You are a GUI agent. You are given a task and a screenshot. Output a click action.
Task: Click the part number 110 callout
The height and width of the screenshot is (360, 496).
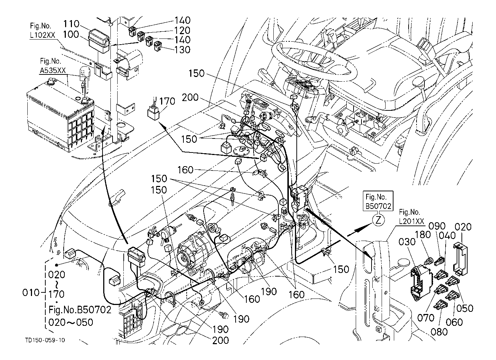pos(71,24)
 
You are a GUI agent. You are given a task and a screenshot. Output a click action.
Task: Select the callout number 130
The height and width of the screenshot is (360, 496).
pos(182,50)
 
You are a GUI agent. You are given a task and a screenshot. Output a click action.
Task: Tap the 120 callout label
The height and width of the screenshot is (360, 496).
pos(182,30)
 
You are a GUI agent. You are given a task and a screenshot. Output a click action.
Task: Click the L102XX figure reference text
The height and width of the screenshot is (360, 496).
pos(42,35)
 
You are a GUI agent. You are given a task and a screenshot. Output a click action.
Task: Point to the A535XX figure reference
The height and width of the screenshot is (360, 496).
pos(53,70)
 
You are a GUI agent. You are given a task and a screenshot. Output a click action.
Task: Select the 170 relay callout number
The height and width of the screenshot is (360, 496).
pos(167,101)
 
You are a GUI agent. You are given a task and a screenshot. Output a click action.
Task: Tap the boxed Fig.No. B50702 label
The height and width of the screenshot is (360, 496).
pos(378,201)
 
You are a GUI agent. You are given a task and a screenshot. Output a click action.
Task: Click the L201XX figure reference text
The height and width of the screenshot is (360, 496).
pos(411,222)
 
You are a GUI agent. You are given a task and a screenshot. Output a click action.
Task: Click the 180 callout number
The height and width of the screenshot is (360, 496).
pos(423,235)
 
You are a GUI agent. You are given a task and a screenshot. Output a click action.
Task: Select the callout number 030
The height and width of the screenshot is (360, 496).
pos(407,242)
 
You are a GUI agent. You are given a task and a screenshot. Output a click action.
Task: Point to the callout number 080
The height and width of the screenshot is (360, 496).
pos(439,332)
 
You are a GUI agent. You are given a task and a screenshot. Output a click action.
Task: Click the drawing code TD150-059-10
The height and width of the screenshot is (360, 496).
pos(45,340)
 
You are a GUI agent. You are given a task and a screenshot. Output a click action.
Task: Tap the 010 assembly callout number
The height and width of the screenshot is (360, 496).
pos(31,293)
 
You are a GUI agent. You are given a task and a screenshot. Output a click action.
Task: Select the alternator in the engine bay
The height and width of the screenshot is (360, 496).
pos(192,252)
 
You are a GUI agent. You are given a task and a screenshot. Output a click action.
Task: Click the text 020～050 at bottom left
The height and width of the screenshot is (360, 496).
pos(70,322)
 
